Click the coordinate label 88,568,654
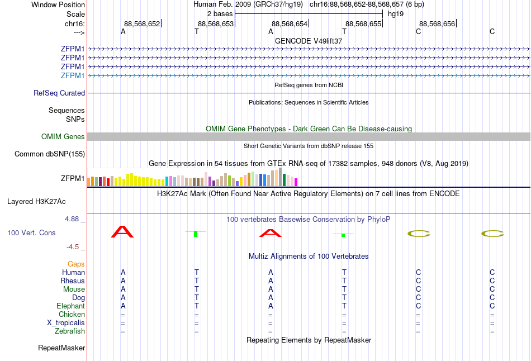coord(290,23)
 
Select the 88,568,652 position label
coord(142,23)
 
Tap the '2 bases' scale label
coord(220,14)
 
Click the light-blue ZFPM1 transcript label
coord(73,75)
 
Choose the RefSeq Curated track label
coord(59,93)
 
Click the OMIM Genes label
coord(63,136)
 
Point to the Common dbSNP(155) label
coord(50,154)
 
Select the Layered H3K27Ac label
coord(36,202)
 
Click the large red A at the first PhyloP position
coord(122,232)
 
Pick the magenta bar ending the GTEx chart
coord(296,182)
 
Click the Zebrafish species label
coord(70,331)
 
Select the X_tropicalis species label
coord(66,323)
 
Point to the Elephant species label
coord(70,306)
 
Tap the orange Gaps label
coord(76,264)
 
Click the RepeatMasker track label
coord(61,348)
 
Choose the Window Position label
coord(58,4)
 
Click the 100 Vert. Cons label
coord(31,232)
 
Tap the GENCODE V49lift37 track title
coord(309,41)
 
